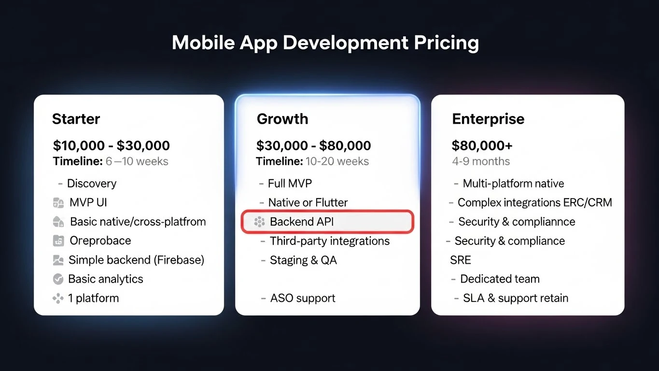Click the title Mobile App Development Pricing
point(325,43)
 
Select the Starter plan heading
point(76,119)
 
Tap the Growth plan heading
point(282,119)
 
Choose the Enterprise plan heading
point(488,119)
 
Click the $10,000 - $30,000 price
point(112,145)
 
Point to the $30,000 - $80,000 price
point(314,145)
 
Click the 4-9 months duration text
point(481,161)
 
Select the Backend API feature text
point(302,222)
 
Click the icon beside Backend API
point(259,222)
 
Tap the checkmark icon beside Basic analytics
point(58,279)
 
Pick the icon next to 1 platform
point(58,299)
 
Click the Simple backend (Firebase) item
point(136,260)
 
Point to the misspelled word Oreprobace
point(100,241)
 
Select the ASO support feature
point(303,298)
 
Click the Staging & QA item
point(303,260)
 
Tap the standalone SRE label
point(460,260)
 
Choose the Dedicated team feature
point(500,279)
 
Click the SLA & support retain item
point(515,298)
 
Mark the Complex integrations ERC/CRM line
point(534,202)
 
